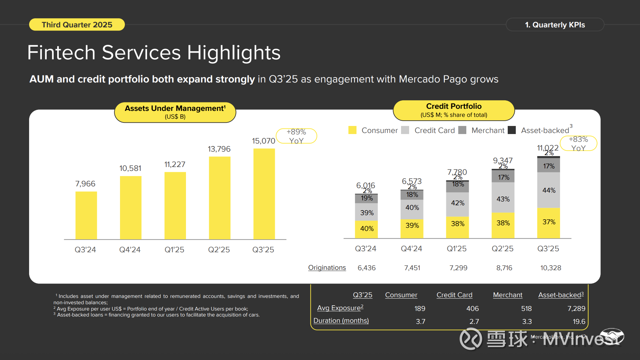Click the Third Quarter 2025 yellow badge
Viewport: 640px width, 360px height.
(x=77, y=25)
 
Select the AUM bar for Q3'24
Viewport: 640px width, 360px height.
(x=86, y=215)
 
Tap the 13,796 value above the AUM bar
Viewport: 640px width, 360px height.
(x=219, y=149)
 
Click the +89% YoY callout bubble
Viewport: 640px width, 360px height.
(x=296, y=136)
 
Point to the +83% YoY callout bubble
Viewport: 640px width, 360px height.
(x=578, y=144)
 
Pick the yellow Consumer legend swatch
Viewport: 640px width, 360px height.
(x=352, y=130)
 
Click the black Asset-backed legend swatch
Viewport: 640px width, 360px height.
(x=512, y=130)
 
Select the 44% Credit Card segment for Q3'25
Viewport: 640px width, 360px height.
(x=549, y=190)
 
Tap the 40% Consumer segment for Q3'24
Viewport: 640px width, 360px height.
(x=367, y=229)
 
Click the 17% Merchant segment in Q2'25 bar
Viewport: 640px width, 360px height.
(x=503, y=177)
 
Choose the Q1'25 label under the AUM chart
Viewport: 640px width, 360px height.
(x=174, y=250)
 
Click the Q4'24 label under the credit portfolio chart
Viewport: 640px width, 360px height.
(x=412, y=249)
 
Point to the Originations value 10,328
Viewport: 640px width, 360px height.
(x=551, y=268)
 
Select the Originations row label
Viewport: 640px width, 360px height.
(x=327, y=268)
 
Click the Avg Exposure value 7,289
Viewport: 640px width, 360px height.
(x=576, y=308)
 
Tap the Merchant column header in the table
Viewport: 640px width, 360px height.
(x=507, y=295)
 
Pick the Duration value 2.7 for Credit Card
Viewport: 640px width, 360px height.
(x=474, y=321)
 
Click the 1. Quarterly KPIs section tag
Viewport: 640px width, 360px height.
(x=555, y=25)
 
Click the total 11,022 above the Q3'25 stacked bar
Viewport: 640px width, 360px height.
(x=547, y=148)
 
